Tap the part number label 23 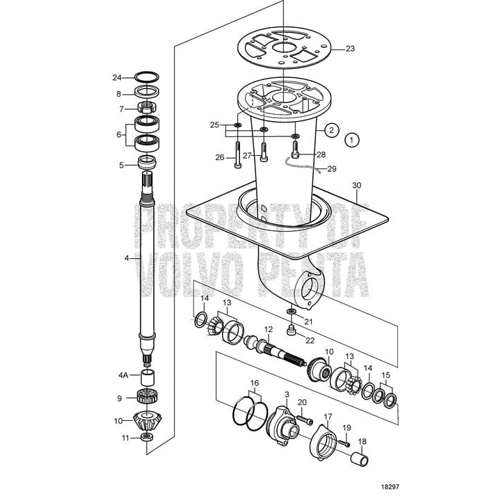click(x=350, y=49)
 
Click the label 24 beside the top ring click(x=118, y=77)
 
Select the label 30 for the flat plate click(x=357, y=186)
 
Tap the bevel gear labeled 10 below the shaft click(x=148, y=420)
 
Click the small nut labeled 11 click(x=147, y=437)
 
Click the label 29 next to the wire click(x=331, y=169)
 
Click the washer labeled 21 click(x=289, y=309)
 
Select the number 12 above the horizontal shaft click(x=268, y=328)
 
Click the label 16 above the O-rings click(x=255, y=383)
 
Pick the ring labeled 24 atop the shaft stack click(x=148, y=77)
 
